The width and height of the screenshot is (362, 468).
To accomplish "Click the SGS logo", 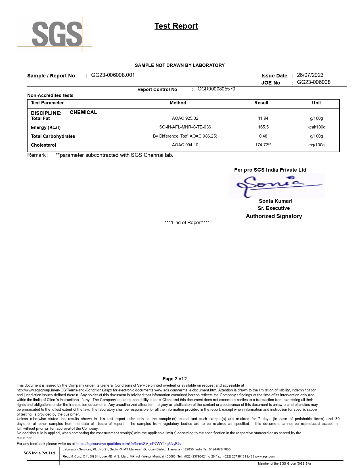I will point(57,34).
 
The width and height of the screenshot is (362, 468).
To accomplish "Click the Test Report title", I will point(176,26).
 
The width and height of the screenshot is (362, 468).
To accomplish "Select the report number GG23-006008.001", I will point(113,75).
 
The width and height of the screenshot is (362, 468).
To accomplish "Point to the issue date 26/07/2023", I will point(310,75).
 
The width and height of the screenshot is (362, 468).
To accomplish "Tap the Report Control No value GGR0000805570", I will point(216,89).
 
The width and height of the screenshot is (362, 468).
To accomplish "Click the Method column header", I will point(178,103).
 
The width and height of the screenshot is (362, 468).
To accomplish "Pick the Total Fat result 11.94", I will point(263,118).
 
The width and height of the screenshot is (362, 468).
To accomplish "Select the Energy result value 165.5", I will point(263,127).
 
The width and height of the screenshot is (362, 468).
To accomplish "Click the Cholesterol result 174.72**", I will point(263,145).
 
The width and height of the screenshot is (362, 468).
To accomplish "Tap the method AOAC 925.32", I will point(185,118).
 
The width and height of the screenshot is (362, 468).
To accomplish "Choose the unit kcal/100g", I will point(316,127).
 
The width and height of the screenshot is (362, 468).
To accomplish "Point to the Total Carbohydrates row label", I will point(53,136).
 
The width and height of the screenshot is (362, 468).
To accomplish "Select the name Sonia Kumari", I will point(275,201).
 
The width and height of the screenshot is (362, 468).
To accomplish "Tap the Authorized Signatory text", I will point(274,216).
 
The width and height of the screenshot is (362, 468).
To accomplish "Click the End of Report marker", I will point(187,222).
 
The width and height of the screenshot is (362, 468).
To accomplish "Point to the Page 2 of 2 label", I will point(175,379).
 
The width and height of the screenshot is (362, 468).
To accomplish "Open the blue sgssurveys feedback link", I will point(129,444).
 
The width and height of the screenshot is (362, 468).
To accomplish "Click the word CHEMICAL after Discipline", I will point(83,112).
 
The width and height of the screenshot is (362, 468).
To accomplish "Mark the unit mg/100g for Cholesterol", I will point(316,145).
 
